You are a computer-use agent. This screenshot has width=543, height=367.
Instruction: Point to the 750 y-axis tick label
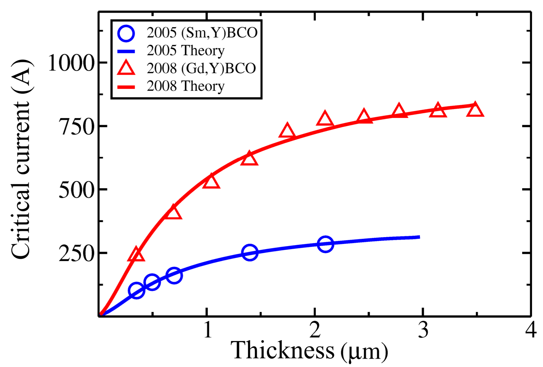76,127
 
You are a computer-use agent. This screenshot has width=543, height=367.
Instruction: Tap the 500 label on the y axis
76,190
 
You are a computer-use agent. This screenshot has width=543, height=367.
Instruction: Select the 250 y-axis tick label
76,253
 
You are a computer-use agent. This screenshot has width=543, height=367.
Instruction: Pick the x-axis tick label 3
423,330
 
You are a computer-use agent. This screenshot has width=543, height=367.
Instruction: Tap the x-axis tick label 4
530,330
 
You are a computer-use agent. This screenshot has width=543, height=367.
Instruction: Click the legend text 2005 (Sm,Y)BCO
202,33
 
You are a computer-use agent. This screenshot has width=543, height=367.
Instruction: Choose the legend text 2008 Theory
186,86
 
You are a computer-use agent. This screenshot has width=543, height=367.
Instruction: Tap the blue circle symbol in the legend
126,33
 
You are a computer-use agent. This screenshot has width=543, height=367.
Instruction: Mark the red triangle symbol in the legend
126,68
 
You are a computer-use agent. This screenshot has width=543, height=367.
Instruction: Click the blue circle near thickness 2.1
325,244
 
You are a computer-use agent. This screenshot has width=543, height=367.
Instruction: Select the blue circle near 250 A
250,252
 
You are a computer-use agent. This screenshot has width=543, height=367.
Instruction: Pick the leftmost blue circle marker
136,291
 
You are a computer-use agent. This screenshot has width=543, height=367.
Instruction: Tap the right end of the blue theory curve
419,237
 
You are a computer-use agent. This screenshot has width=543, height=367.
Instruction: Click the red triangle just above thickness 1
211,182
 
